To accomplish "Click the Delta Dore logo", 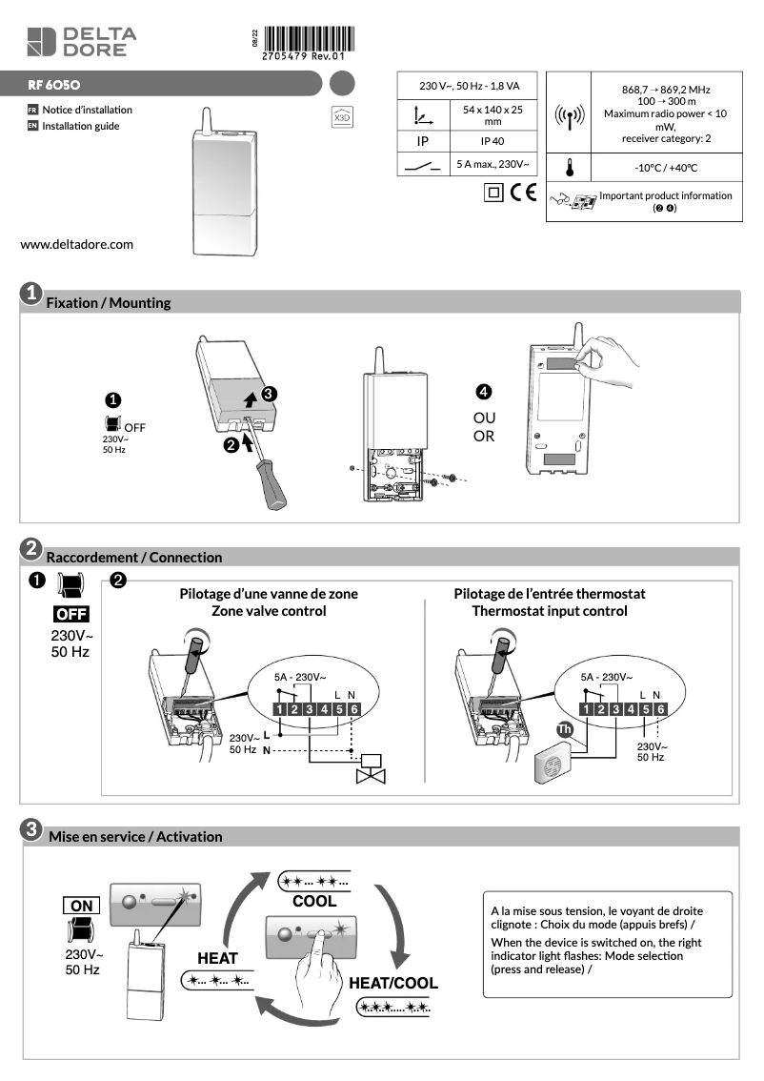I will tap(80, 42).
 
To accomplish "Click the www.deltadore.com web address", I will tap(77, 244).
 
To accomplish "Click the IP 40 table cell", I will tap(492, 140).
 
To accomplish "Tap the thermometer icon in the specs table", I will tap(569, 168).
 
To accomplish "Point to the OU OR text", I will tap(484, 427).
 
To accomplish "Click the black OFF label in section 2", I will tap(71, 613).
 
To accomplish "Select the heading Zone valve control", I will tap(269, 610).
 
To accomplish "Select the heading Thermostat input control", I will tap(550, 610).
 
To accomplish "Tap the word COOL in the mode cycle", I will tap(313, 901).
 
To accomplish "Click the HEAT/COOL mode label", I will tap(392, 983).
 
